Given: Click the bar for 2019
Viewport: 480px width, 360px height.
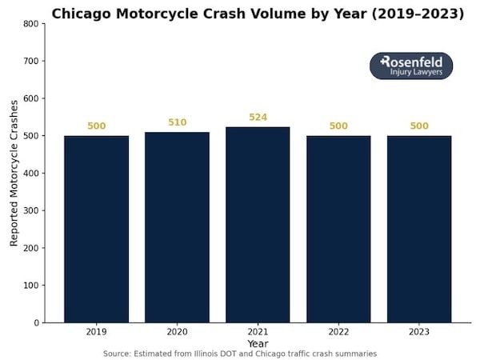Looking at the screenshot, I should [96, 229].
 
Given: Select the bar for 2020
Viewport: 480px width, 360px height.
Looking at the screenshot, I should [177, 227].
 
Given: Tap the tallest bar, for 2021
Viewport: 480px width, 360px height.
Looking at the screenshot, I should [258, 225].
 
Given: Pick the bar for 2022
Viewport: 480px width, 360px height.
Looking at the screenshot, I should [338, 229].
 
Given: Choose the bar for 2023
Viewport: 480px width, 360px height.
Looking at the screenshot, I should [419, 229].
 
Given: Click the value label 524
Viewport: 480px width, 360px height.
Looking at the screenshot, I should [258, 118].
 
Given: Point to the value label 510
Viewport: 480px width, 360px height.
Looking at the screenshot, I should [177, 122].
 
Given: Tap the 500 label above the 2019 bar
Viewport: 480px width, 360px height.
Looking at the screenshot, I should [96, 126].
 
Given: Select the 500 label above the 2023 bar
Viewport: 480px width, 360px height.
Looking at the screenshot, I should [419, 126].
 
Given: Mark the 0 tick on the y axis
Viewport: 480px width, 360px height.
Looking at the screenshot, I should [36, 322].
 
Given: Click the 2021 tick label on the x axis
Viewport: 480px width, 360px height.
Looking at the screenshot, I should [258, 331].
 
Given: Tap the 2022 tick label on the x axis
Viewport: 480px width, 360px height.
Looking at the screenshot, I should [338, 331].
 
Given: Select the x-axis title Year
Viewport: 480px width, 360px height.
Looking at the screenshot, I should [258, 343].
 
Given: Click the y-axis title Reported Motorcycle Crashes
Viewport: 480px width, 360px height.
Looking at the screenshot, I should [14, 173].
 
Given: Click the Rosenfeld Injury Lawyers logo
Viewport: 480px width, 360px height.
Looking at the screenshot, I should [411, 66].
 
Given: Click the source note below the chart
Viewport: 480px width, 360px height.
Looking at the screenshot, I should [240, 354].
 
